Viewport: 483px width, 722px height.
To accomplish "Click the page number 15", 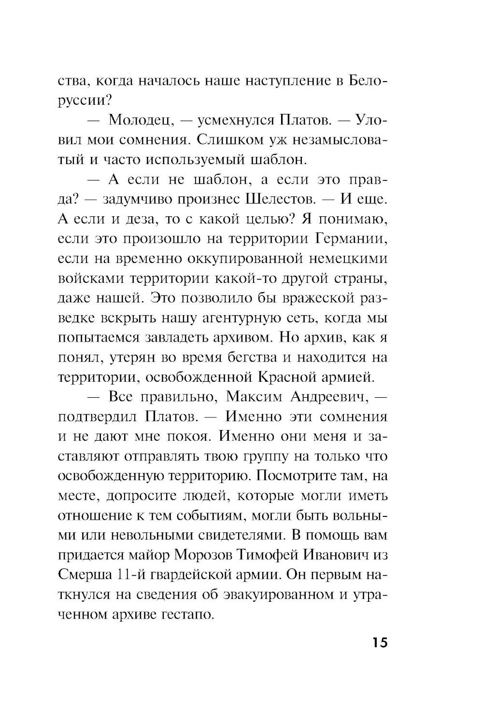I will click(380, 643).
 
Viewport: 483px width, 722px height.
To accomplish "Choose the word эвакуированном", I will click(280, 595).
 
